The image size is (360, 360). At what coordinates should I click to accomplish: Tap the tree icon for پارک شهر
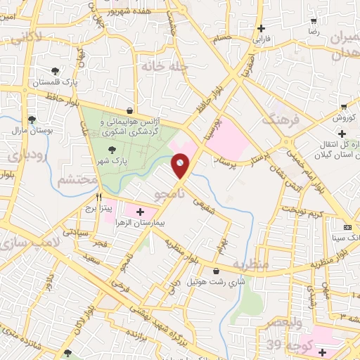click(112, 149)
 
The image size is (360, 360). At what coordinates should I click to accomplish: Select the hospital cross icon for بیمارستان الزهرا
click(139, 211)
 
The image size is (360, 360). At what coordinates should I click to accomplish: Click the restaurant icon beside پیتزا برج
click(99, 198)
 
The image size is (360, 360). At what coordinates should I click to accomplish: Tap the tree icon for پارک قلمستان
click(55, 71)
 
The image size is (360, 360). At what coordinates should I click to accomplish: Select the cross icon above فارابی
click(262, 29)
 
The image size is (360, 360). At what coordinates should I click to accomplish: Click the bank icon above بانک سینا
click(347, 227)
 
